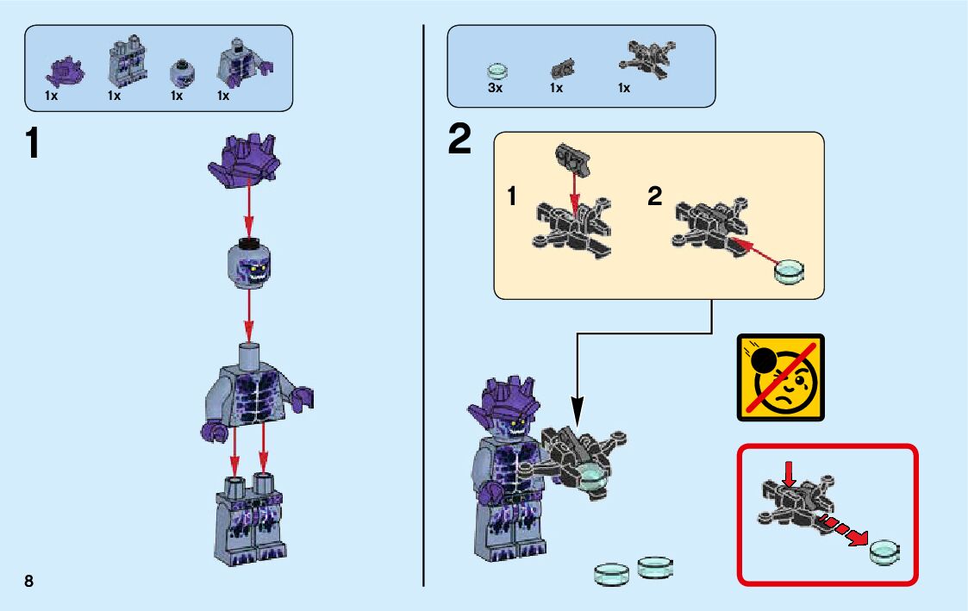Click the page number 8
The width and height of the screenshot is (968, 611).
[x=28, y=580]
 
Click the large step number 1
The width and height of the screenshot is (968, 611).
[x=32, y=144]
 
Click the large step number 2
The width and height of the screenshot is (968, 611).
[x=460, y=140]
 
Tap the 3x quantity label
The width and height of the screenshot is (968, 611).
[x=495, y=88]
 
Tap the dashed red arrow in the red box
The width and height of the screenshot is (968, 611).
[x=841, y=529]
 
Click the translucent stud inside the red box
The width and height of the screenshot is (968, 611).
[x=885, y=551]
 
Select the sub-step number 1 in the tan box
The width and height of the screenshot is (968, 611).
[x=512, y=197]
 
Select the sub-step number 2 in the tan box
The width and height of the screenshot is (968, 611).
[x=655, y=197]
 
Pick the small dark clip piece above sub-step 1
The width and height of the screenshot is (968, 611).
[x=570, y=157]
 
